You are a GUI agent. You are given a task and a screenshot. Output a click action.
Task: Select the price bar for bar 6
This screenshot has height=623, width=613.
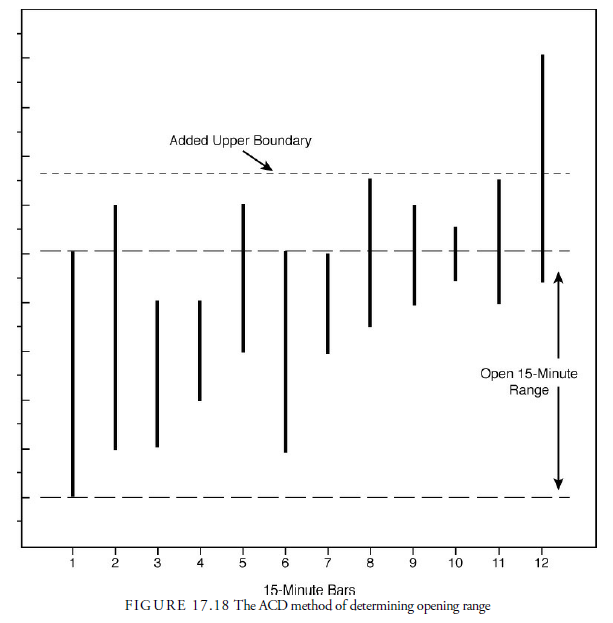coord(286,351)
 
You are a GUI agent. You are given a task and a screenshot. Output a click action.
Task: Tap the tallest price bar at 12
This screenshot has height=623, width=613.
coord(542,168)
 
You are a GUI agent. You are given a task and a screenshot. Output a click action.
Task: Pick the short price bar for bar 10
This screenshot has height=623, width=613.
coord(456,254)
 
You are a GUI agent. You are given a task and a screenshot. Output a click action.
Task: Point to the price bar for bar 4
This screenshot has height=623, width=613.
coord(200,350)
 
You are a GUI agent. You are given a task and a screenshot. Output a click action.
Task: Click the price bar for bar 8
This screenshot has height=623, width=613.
coord(370,252)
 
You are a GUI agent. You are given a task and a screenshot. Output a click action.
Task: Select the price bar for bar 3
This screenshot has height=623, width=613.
coord(157,373)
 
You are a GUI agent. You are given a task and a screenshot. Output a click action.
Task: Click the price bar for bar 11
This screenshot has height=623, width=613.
coord(498,241)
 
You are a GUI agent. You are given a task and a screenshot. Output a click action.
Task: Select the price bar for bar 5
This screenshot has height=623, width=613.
coord(243,278)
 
